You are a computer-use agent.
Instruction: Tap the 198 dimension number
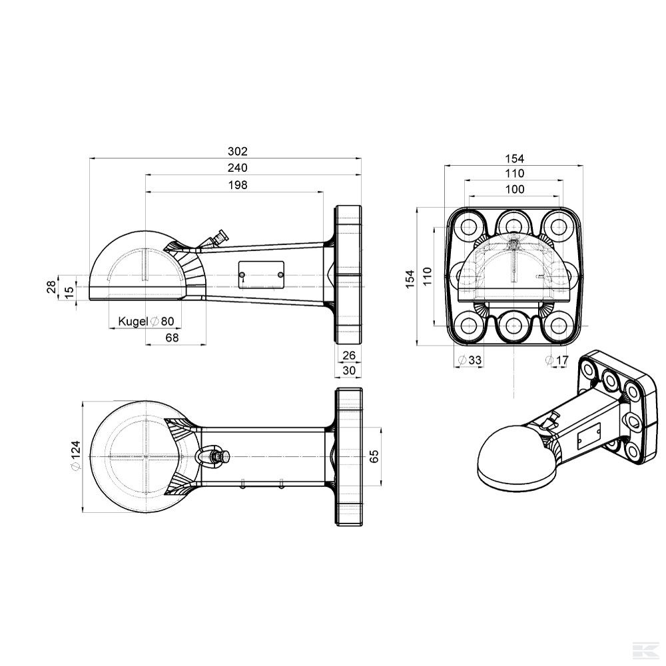click(x=237, y=184)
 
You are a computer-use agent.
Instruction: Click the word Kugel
click(x=132, y=322)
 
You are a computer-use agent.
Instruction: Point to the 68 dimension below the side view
click(x=172, y=338)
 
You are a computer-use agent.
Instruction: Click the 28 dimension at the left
click(x=51, y=287)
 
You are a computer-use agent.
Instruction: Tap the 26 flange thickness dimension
click(x=349, y=355)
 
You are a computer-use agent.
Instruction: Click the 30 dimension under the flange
click(x=349, y=370)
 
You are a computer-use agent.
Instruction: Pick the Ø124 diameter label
click(x=75, y=457)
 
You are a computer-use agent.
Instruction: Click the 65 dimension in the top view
click(x=374, y=456)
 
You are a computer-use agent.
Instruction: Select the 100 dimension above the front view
click(x=514, y=190)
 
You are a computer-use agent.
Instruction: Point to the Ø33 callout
click(x=471, y=360)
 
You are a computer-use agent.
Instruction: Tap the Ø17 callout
click(x=558, y=360)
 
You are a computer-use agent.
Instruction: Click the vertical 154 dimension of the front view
click(x=409, y=276)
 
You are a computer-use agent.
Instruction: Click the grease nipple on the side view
click(x=218, y=237)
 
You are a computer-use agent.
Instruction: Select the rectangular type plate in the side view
click(x=262, y=274)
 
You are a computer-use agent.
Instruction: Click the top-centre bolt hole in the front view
click(x=514, y=224)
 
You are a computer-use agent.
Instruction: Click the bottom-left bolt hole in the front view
click(x=470, y=326)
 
